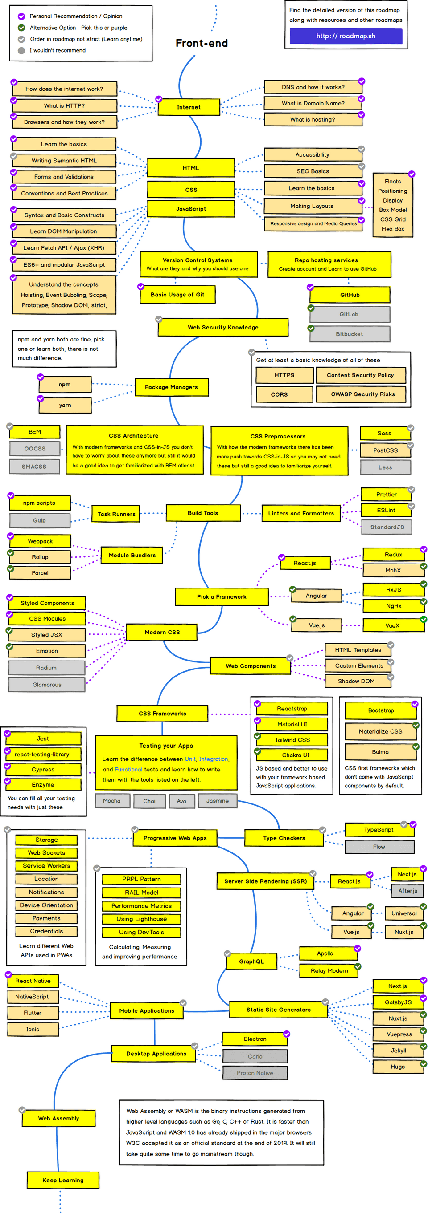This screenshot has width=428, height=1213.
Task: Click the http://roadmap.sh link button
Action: point(346,36)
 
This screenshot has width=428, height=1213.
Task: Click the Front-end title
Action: point(202,43)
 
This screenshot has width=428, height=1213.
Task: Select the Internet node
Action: point(189,107)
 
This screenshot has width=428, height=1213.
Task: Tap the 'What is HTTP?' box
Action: point(65,106)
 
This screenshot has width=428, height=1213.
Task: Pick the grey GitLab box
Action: point(349,315)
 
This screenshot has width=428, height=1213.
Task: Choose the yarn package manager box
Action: point(65,405)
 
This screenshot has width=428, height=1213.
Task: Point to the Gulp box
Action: point(40,520)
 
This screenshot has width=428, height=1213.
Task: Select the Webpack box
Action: point(40,541)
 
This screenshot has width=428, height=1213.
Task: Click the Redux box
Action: point(393,555)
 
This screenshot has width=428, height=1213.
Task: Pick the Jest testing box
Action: point(43,738)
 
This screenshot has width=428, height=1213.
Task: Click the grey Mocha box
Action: point(112,800)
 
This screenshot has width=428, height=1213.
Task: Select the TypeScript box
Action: point(379,830)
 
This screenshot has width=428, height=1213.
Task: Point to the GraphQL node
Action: point(251,961)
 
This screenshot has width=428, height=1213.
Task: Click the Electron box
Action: point(255,1039)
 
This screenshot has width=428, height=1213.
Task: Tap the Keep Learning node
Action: point(63,1180)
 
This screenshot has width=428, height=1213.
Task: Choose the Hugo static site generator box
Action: point(397,1067)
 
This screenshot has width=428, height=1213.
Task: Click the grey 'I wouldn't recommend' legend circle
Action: point(21,50)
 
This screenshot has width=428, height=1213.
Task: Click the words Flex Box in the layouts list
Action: point(393,229)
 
